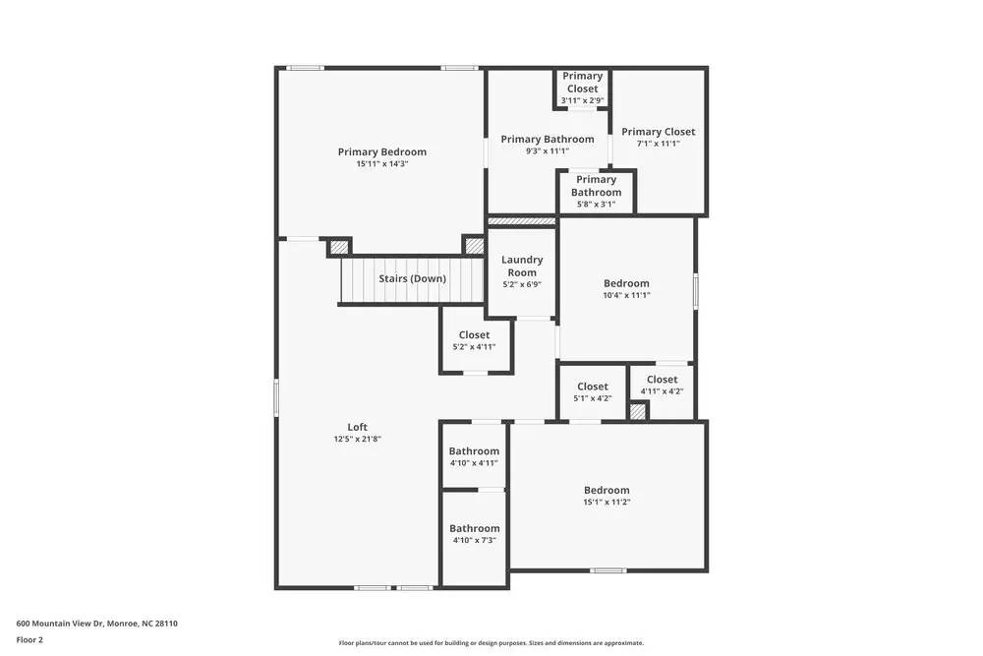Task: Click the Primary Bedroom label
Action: [382, 151]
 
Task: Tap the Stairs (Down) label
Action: [412, 278]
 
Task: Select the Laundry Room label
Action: [522, 266]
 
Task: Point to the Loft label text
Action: [357, 427]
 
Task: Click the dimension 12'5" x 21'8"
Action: [357, 439]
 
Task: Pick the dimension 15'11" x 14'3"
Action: [382, 164]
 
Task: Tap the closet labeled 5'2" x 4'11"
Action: [474, 340]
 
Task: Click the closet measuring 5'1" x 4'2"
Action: [593, 391]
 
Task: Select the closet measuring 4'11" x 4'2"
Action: [662, 385]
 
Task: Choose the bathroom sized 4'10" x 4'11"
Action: [474, 456]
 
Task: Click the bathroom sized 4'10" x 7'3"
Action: [475, 533]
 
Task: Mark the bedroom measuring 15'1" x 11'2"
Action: [607, 496]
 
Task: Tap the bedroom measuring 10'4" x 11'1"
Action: [626, 288]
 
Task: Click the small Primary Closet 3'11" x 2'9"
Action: [583, 88]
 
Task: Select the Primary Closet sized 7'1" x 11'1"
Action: [658, 137]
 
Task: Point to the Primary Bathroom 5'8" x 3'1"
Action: [596, 192]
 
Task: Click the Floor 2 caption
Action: [30, 639]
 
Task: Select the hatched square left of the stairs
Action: [339, 247]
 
